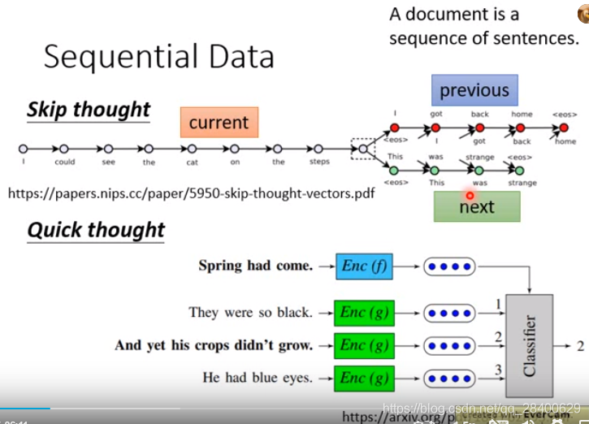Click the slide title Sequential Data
(x=158, y=57)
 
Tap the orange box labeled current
(x=219, y=123)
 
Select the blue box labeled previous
(x=474, y=91)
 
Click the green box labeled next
(x=476, y=206)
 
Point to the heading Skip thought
(x=89, y=110)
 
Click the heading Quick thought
(x=96, y=230)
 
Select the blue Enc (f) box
(x=364, y=265)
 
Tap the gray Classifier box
(x=529, y=345)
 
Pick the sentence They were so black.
(x=250, y=312)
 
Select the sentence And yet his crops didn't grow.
(x=214, y=344)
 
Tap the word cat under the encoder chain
(x=192, y=162)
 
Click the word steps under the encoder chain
(x=318, y=162)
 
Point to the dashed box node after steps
(x=362, y=149)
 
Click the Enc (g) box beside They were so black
(x=364, y=312)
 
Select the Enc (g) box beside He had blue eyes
(x=364, y=377)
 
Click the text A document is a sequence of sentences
(x=483, y=26)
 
